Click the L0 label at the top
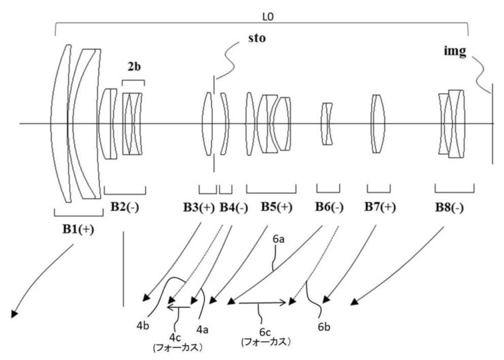[x=268, y=17]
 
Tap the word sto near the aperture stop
[x=257, y=38]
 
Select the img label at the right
[x=455, y=52]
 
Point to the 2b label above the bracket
[x=134, y=67]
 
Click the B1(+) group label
[x=78, y=229]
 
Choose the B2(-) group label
[x=125, y=207]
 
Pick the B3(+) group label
[x=199, y=208]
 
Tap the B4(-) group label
[x=234, y=208]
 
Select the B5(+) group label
[x=277, y=207]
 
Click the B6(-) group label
[x=329, y=207]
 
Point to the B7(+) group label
[x=380, y=207]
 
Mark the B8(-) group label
[x=450, y=208]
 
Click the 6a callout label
[x=279, y=239]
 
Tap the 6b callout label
[x=324, y=327]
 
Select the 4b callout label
[x=143, y=326]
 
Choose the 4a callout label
[x=202, y=329]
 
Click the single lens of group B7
[x=378, y=124]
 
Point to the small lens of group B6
[x=328, y=124]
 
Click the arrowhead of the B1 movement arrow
[x=14, y=314]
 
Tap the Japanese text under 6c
[x=266, y=342]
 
